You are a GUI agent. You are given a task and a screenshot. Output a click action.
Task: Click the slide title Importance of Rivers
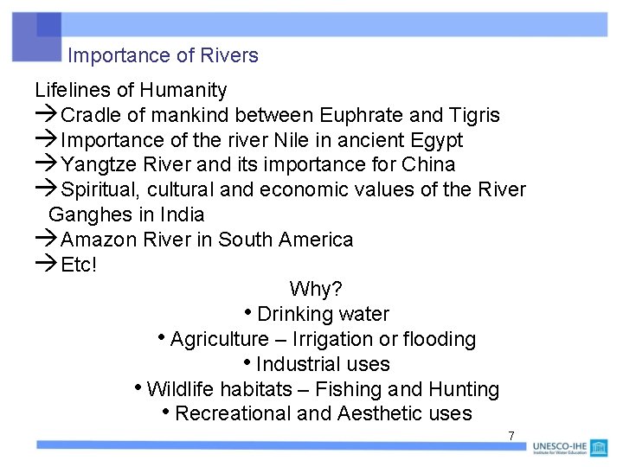(163, 56)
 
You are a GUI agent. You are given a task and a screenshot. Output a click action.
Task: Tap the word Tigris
(474, 115)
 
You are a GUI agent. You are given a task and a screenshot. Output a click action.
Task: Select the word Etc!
(79, 265)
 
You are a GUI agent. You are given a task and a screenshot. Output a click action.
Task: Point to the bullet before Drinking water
(249, 312)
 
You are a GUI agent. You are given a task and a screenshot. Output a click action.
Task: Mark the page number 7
(511, 436)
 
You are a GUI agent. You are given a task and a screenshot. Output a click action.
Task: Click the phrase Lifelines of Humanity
(131, 90)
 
